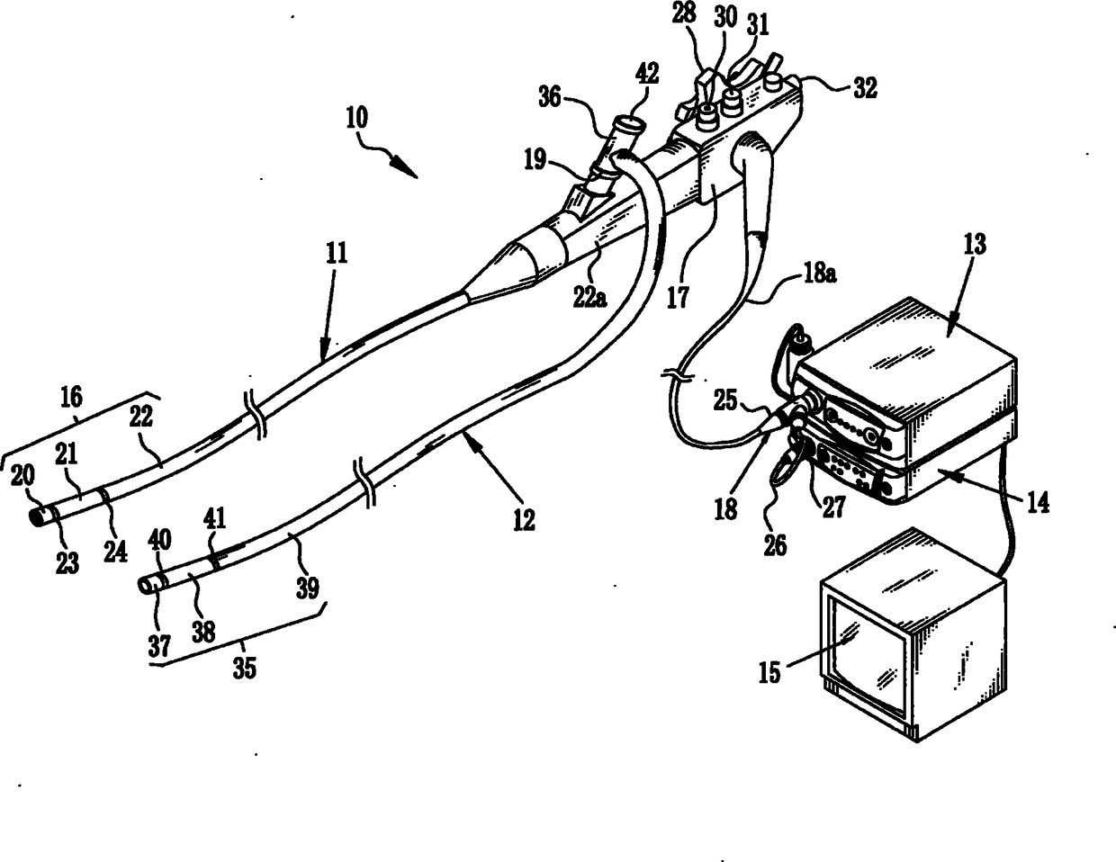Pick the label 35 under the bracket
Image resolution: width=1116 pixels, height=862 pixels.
click(x=244, y=668)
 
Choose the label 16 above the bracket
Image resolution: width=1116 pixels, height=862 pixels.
click(x=71, y=395)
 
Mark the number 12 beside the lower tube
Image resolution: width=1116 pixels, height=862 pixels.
click(x=523, y=519)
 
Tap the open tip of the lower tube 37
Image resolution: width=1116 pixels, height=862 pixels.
click(x=146, y=585)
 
